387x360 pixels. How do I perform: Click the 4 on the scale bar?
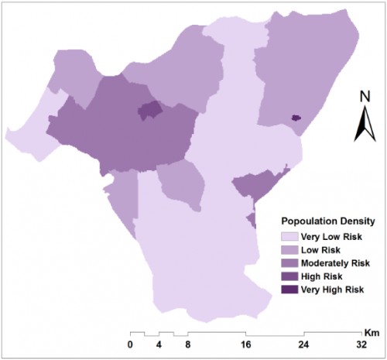coord(159,345)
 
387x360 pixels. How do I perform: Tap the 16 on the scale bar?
coord(245,345)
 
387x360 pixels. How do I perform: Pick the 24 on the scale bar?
coord(304,345)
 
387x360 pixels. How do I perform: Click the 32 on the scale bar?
coord(362,345)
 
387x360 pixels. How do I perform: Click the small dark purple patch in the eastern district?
coord(294,118)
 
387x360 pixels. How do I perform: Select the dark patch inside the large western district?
coord(149,111)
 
